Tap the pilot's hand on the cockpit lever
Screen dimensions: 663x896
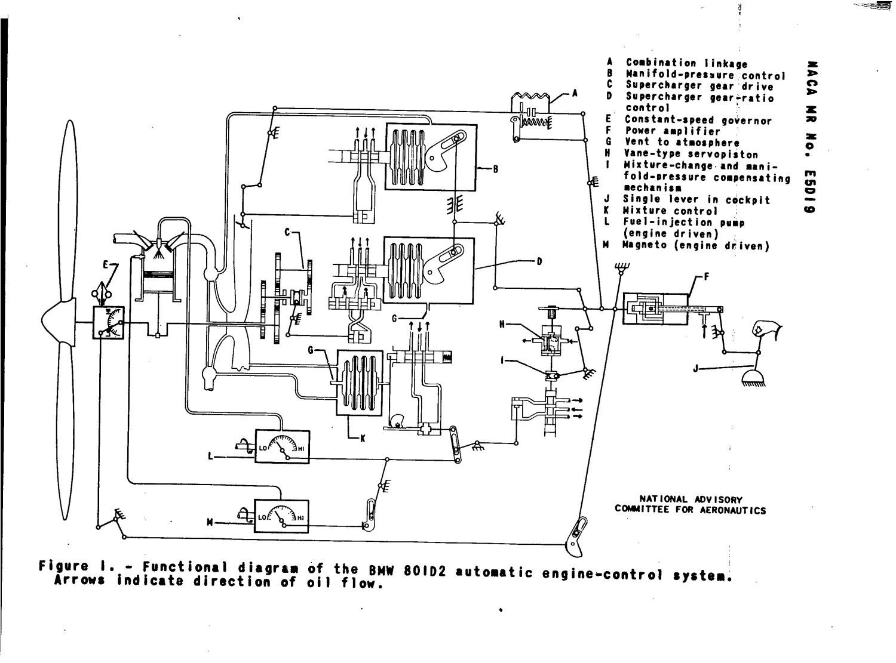click(763, 329)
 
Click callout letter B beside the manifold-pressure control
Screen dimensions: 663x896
click(495, 169)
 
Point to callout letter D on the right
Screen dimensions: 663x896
click(539, 261)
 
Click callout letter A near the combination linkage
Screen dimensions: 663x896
click(575, 92)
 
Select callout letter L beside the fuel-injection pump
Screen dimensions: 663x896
click(210, 457)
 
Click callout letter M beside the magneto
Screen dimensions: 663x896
click(210, 523)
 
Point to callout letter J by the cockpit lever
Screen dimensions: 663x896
click(696, 369)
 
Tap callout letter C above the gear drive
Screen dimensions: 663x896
click(287, 232)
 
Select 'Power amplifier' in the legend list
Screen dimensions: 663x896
click(673, 131)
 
